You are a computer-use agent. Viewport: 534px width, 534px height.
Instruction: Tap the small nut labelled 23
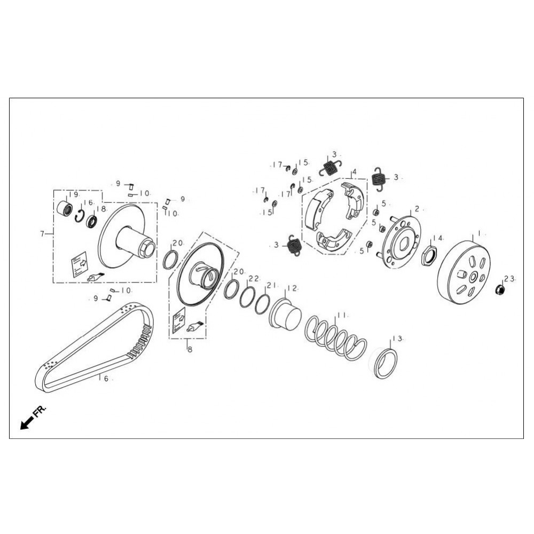coord(500,290)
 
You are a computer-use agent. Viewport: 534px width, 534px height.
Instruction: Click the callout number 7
coord(42,233)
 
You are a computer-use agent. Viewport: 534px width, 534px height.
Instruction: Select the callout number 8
coord(188,349)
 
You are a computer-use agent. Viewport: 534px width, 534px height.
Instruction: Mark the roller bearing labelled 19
coord(66,208)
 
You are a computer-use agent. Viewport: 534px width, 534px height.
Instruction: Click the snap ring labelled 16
coord(80,216)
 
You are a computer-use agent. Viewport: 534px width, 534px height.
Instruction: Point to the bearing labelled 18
coord(92,219)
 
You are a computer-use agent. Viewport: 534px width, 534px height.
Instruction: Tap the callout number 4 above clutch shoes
coord(354,172)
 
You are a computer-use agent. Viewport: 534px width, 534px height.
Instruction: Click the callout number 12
coord(292,288)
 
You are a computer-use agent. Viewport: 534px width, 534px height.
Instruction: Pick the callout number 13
coord(397,339)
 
